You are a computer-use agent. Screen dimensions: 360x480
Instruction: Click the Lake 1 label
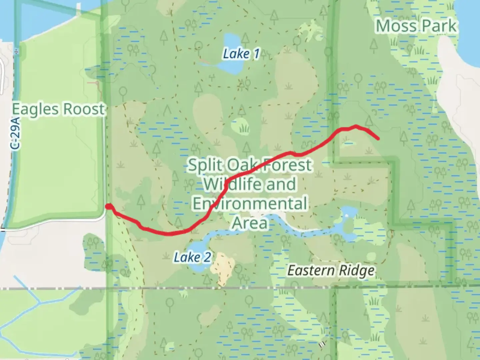(x=241, y=54)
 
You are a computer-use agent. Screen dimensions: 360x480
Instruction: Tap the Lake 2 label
(x=192, y=257)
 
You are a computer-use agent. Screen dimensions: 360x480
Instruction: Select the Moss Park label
(x=416, y=26)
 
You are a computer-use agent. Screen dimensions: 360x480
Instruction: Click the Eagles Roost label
(x=58, y=109)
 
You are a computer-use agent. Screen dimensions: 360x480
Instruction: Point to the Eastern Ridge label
(x=331, y=270)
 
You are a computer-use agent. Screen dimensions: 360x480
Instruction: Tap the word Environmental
(x=250, y=203)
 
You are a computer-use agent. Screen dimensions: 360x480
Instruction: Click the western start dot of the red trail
(x=108, y=207)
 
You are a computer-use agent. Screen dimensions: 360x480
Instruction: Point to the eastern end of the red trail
(x=378, y=138)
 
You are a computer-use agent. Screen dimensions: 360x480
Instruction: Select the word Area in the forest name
(x=250, y=223)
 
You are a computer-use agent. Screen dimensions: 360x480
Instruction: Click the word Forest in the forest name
(x=287, y=165)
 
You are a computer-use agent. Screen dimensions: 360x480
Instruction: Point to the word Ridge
(x=357, y=270)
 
